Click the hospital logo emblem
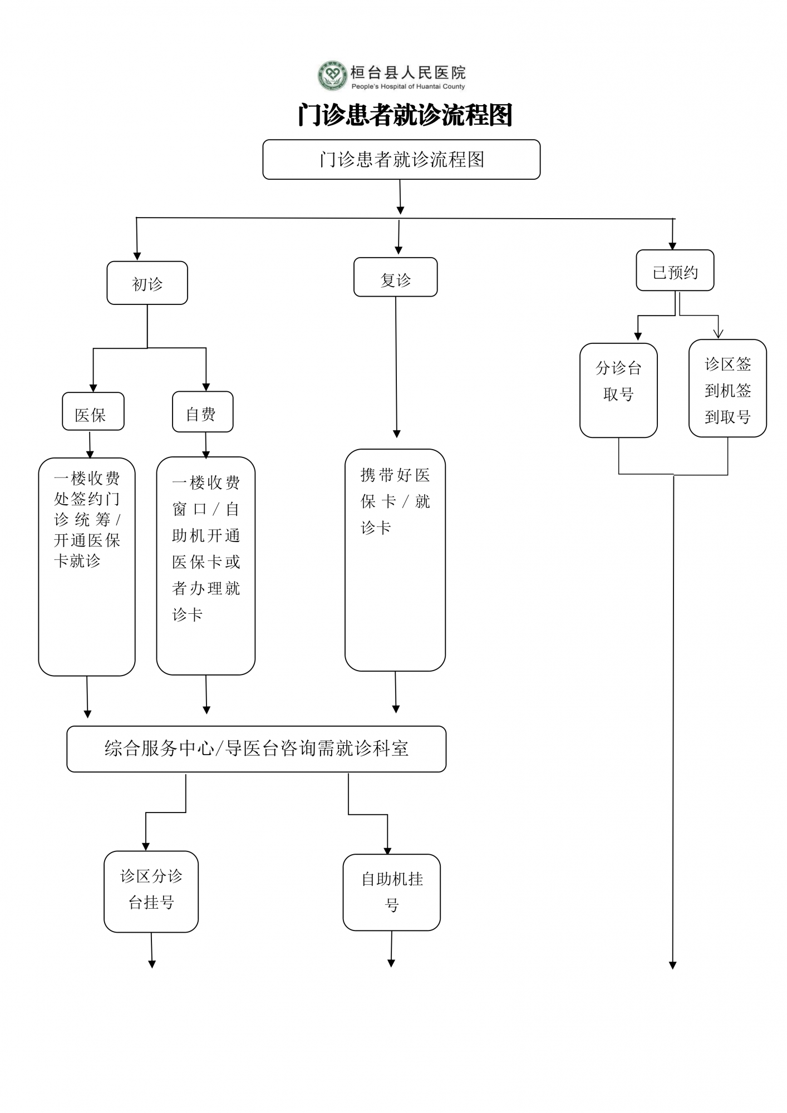coord(332,75)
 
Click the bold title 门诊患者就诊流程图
coord(405,115)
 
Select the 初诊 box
coord(147,283)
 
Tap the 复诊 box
coord(396,277)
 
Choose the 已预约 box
coord(675,270)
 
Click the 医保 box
coord(93,411)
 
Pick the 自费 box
coord(203,412)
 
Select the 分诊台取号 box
coord(618,390)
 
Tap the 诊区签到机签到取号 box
coord(727,388)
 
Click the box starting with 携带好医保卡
coord(395,560)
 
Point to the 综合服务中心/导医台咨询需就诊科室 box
coord(257,749)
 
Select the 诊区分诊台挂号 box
coord(151,892)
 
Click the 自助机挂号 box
coord(392,893)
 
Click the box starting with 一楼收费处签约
coord(87,567)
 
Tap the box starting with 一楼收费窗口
coord(206,566)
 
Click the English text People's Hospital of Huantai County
coord(408,86)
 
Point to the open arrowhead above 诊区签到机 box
coord(718,333)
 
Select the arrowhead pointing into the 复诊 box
coord(399,250)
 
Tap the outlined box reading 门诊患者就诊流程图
coord(401,160)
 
